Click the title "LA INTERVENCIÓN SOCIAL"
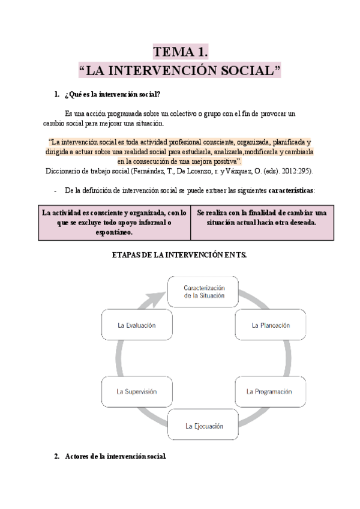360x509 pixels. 179,70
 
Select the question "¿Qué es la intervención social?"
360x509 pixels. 111,94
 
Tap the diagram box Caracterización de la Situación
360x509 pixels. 203,291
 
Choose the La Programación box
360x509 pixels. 269,391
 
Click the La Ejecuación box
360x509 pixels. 203,426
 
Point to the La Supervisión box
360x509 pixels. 137,391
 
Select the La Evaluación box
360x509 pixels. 137,325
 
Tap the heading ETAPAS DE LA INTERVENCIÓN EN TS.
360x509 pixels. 179,255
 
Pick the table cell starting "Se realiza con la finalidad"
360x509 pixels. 262,218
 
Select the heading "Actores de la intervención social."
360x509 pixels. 114,456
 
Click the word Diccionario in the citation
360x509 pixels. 64,171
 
